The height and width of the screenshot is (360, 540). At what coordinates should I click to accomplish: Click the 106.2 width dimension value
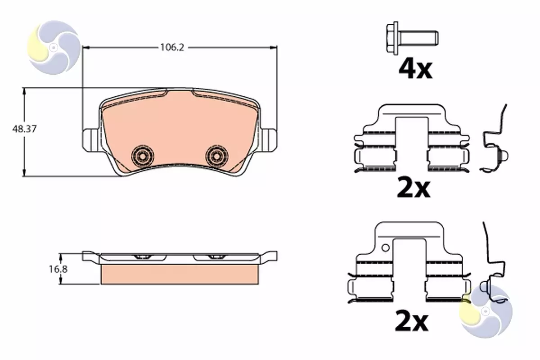172,48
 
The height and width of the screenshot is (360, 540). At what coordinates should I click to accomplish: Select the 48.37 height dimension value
25,129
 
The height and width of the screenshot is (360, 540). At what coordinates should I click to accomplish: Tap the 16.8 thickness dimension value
58,269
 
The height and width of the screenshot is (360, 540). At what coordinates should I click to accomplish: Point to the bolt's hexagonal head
392,38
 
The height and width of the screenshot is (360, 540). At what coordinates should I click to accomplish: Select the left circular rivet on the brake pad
143,157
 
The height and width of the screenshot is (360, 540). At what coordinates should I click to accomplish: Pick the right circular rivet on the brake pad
216,157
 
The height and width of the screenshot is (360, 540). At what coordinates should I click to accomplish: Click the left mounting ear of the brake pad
90,140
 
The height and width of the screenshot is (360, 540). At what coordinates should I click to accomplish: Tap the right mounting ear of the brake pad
269,140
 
